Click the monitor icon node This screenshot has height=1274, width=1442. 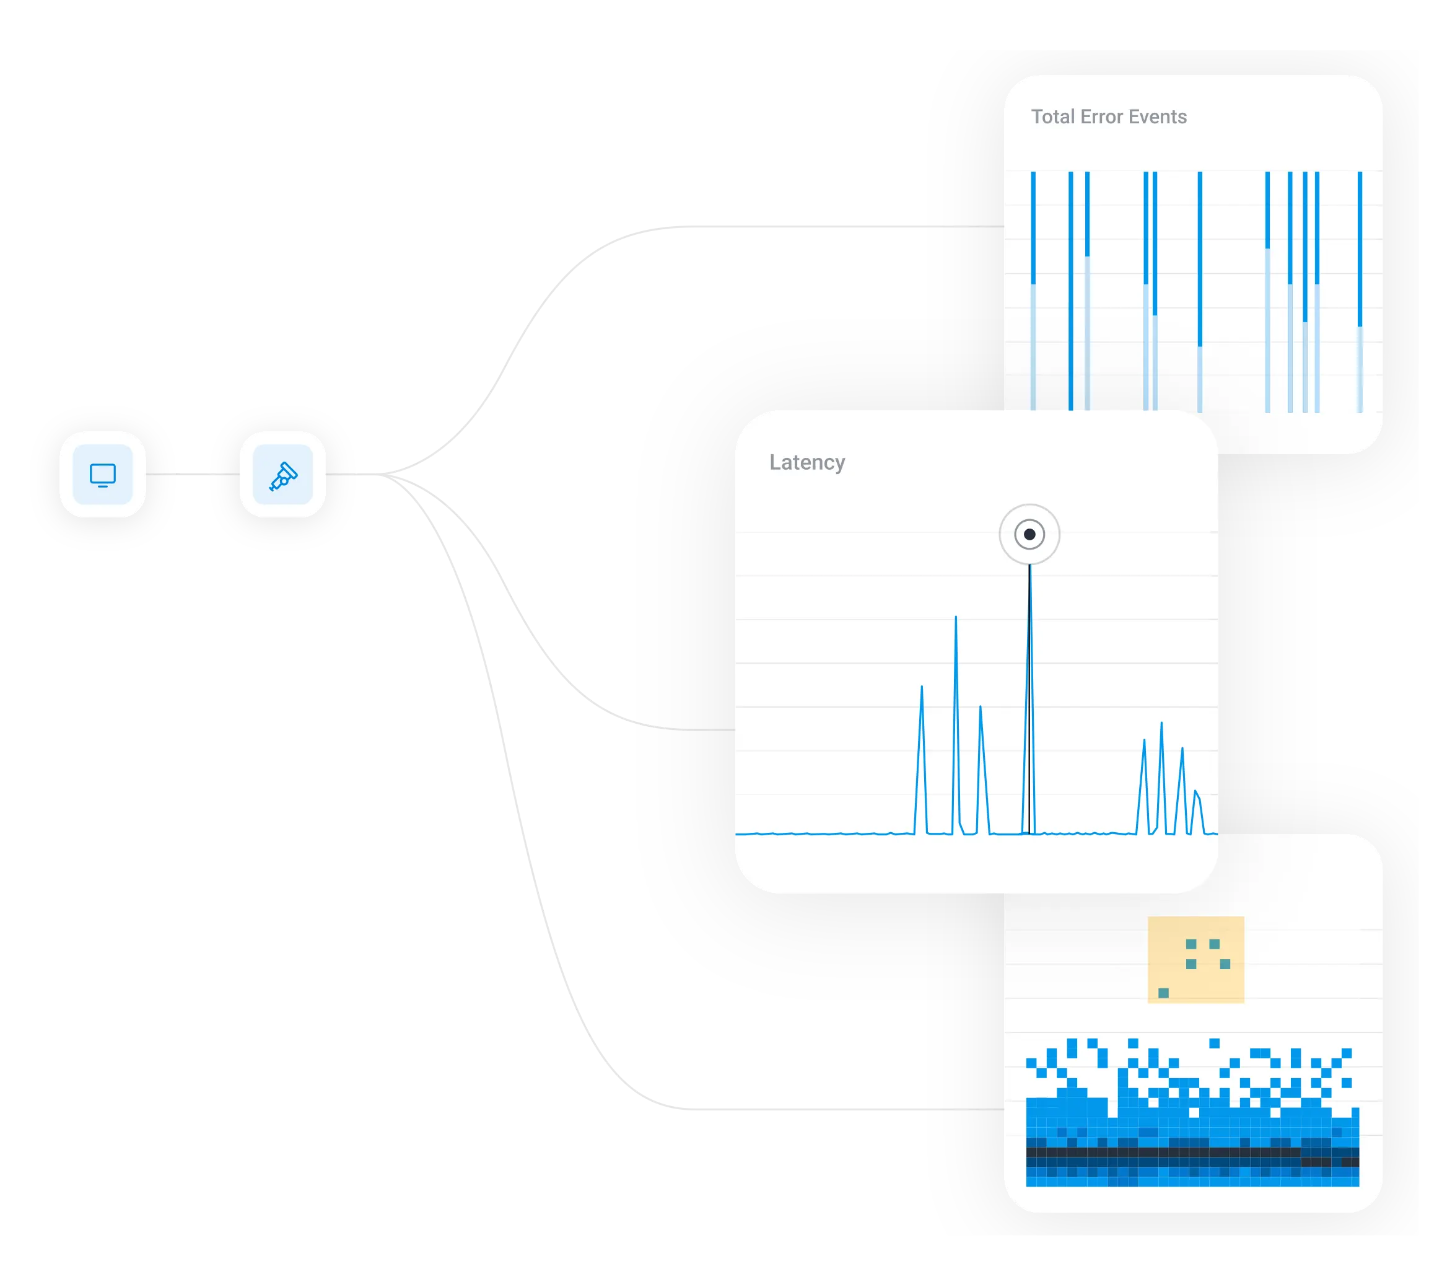click(102, 474)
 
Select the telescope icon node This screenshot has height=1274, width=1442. click(283, 474)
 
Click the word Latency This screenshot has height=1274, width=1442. click(807, 462)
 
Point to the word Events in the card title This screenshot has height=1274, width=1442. click(1158, 116)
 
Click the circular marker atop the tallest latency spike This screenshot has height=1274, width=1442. click(1029, 534)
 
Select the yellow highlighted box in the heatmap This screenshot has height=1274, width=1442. click(1196, 960)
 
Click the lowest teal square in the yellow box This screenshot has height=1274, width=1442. click(1163, 993)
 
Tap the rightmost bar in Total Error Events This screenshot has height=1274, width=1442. click(1360, 289)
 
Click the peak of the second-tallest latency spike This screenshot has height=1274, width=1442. click(956, 618)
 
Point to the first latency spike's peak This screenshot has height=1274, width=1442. click(921, 687)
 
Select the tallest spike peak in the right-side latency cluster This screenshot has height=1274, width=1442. click(1161, 724)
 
